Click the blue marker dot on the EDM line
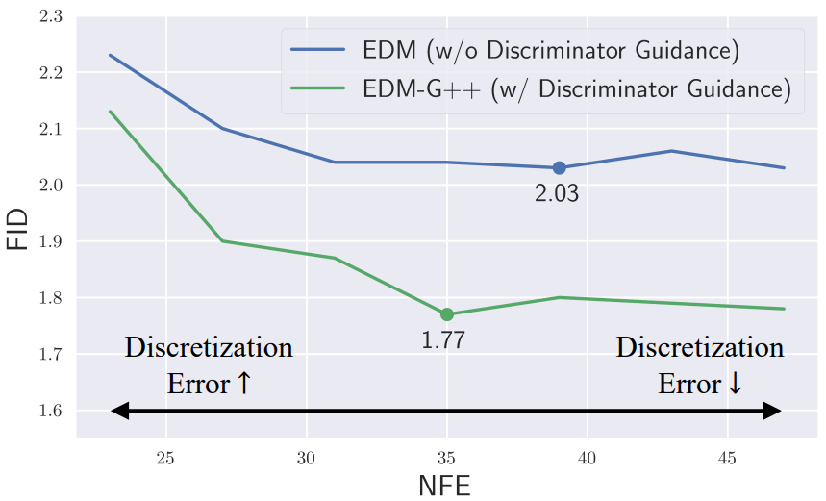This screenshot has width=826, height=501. [559, 168]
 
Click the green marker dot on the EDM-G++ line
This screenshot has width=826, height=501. [447, 314]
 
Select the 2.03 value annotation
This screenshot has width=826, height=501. [557, 194]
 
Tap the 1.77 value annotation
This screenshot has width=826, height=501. [443, 340]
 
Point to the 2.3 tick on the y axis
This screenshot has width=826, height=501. [51, 16]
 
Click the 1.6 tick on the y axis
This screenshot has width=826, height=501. [51, 411]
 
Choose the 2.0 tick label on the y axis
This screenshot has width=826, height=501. [51, 185]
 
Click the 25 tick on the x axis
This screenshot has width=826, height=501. [165, 459]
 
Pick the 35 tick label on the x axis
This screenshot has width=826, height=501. [446, 459]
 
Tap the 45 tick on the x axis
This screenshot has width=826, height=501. [727, 459]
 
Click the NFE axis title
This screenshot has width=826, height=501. [444, 486]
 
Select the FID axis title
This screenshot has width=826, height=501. [17, 229]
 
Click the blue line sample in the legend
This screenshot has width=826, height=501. [317, 49]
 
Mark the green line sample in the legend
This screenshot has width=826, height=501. [317, 88]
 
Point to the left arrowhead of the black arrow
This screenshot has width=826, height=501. [120, 411]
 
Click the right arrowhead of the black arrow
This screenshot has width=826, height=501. [772, 411]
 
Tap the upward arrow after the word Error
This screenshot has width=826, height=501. [244, 383]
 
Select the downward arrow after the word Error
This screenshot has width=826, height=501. [735, 383]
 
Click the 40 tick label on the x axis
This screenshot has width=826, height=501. [587, 459]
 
